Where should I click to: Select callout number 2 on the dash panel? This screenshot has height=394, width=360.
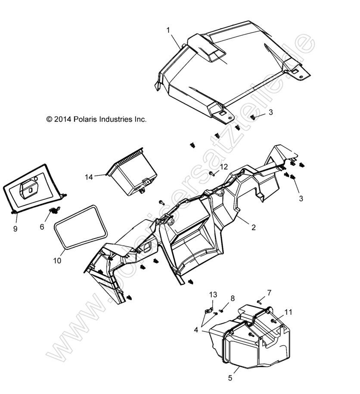(254, 228)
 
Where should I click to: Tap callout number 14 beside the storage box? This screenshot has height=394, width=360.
(89, 177)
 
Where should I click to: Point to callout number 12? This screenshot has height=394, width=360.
(224, 167)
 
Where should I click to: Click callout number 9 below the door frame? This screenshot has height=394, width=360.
(15, 229)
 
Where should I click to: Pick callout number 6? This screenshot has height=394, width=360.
(42, 226)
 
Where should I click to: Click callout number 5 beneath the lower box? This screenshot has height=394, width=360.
(230, 378)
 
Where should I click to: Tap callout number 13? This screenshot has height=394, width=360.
(213, 295)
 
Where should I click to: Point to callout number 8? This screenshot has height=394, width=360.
(233, 298)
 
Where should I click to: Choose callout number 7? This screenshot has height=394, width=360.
(269, 293)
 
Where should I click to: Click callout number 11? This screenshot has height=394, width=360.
(288, 311)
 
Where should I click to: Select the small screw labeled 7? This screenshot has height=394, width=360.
(260, 301)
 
